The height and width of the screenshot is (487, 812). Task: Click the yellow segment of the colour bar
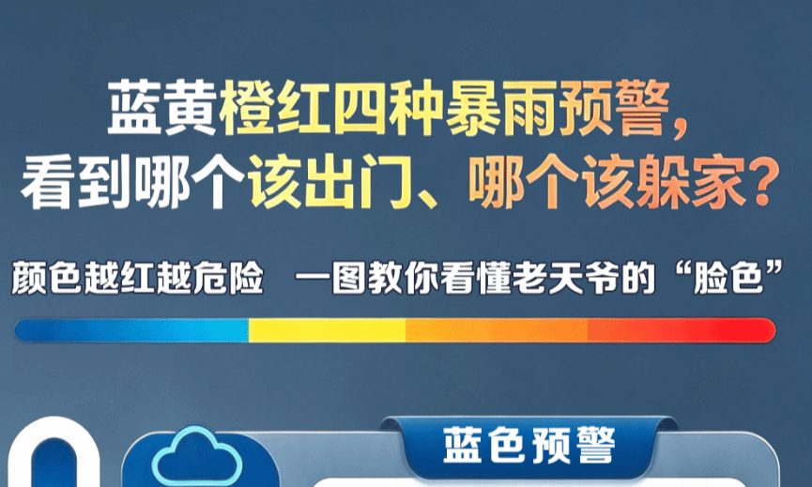[328, 330]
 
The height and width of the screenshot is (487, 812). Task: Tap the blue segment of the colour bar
[131, 330]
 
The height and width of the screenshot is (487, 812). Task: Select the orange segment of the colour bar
[497, 330]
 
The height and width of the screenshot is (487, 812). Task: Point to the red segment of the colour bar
[682, 330]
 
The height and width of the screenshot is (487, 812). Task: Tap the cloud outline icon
[197, 455]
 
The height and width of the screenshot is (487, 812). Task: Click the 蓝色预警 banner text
[529, 445]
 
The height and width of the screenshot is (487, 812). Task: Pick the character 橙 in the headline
[247, 109]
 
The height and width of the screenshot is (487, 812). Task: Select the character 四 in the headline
[359, 109]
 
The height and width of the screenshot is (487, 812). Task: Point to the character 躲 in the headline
[664, 182]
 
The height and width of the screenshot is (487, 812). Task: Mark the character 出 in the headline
[330, 182]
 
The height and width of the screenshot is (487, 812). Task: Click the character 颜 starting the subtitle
[29, 278]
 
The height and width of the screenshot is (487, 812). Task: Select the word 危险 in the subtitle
[228, 278]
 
